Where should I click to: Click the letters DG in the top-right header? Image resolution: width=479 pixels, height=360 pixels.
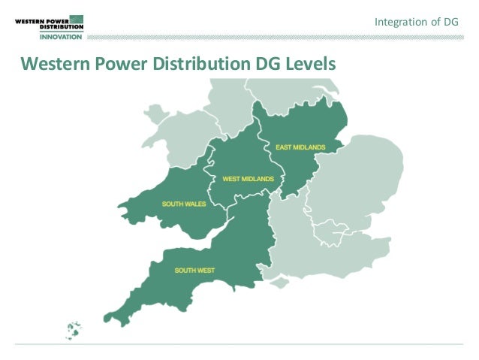pos(451,23)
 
